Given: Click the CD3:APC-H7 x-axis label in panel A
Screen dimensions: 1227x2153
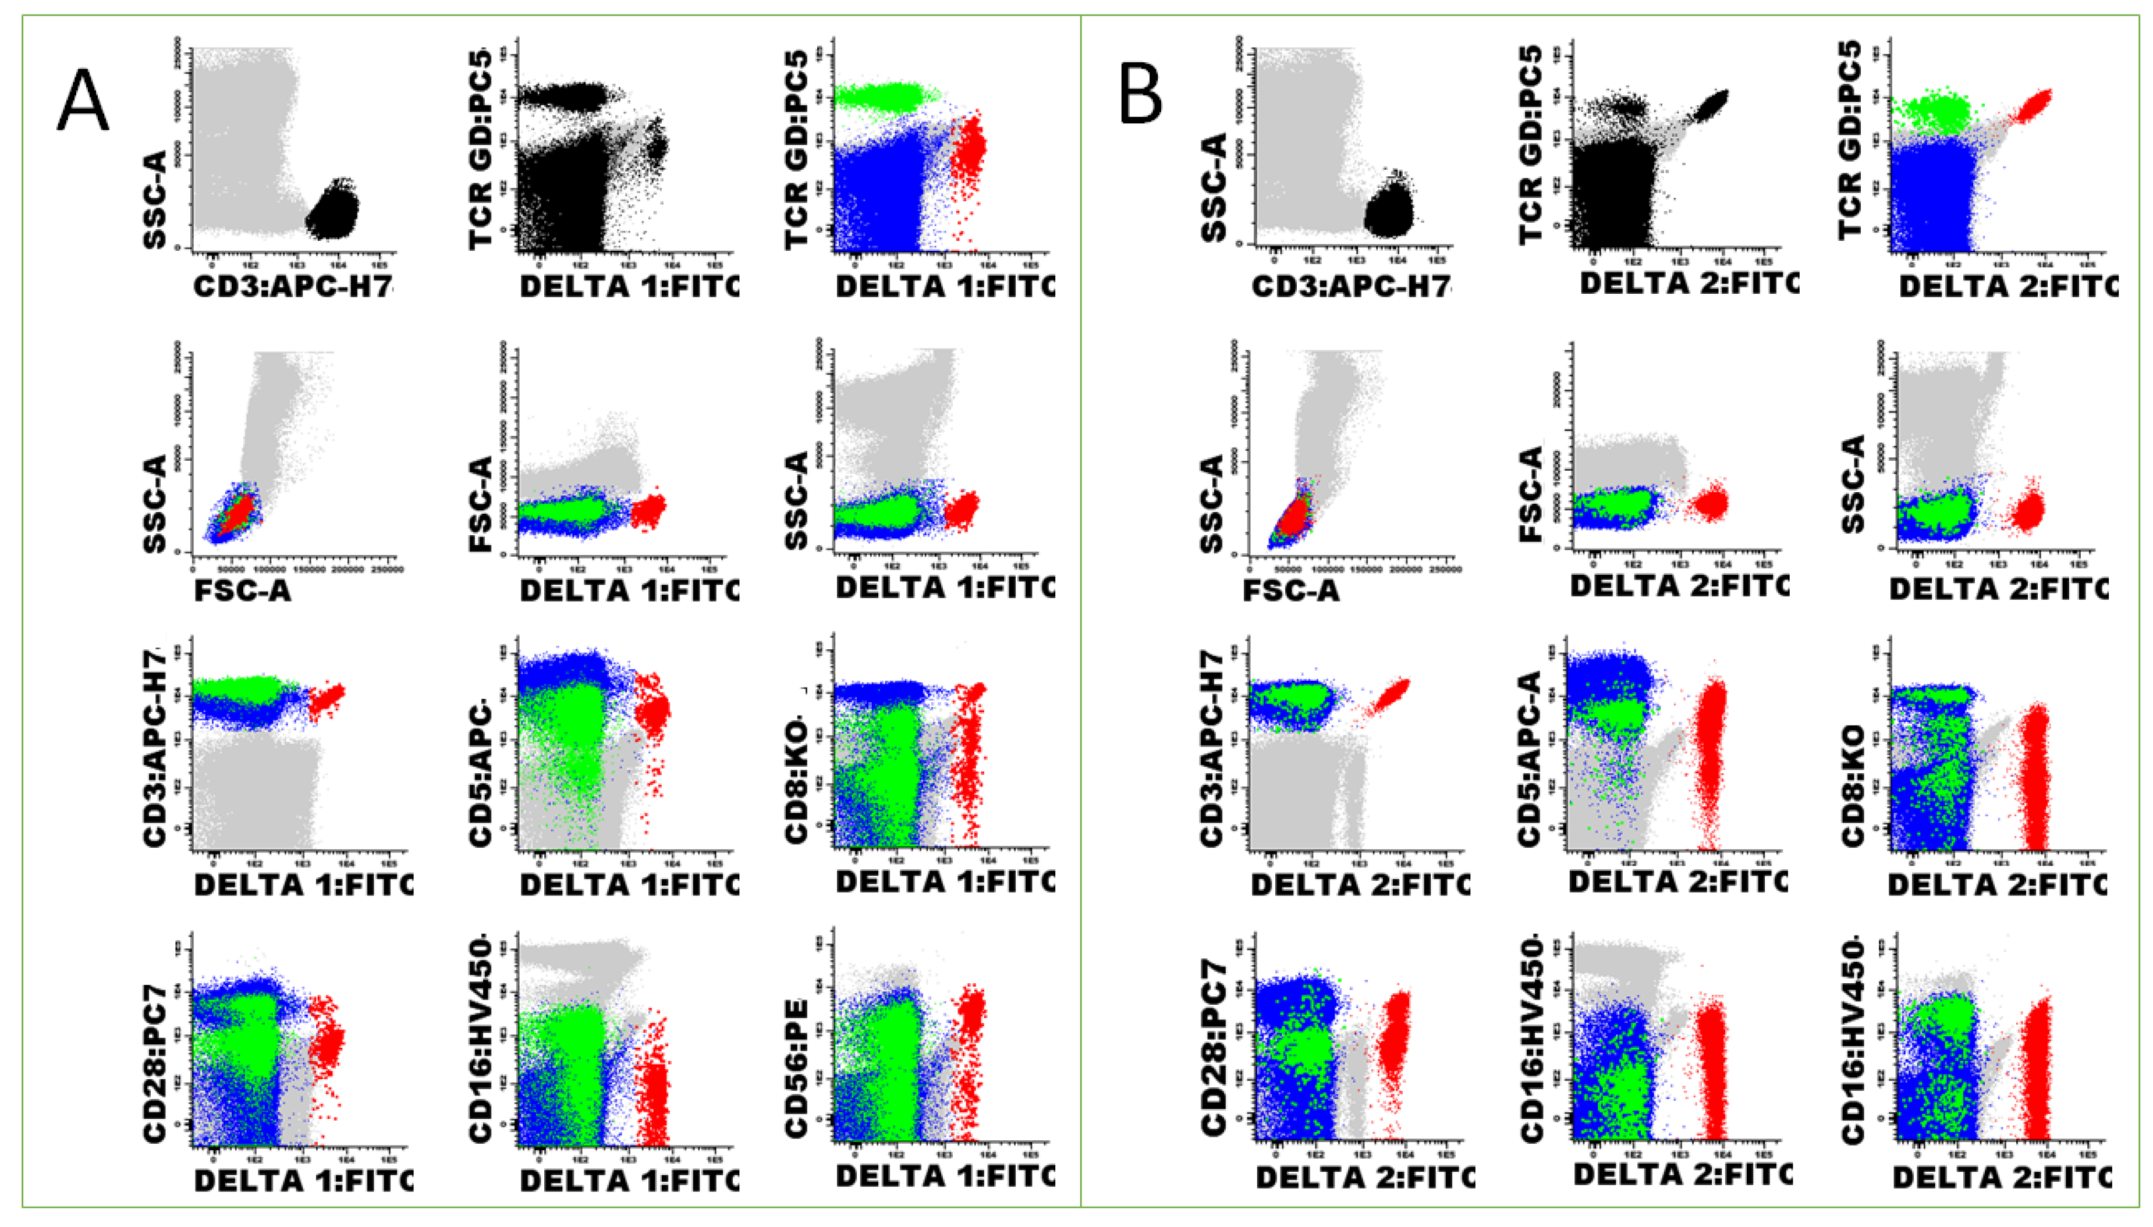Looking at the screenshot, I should tap(293, 286).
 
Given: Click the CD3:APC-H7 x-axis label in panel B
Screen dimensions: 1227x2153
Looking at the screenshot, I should tap(1352, 286).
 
